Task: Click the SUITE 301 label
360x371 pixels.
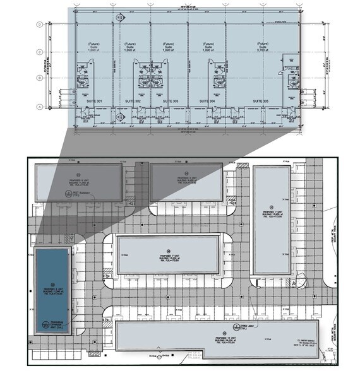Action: (94, 101)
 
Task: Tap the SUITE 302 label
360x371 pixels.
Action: (133, 101)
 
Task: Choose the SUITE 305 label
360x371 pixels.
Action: (261, 101)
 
